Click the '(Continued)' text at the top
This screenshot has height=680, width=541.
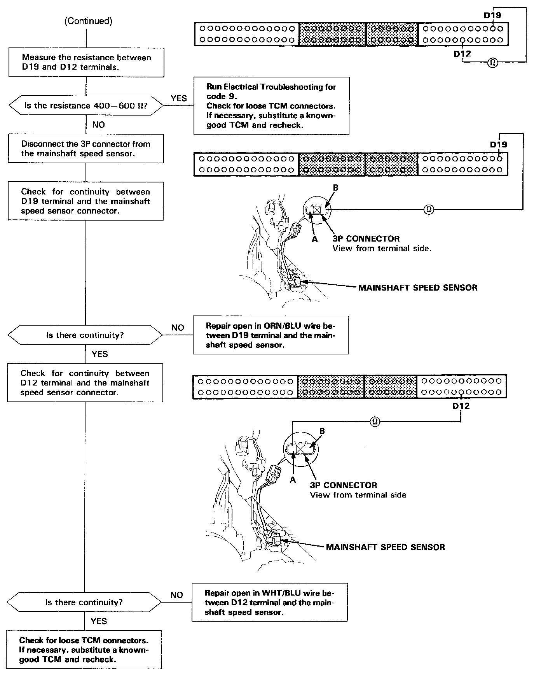click(88, 21)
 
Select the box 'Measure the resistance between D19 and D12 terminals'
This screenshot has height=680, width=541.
click(86, 62)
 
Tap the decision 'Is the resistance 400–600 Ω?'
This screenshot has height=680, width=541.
click(86, 106)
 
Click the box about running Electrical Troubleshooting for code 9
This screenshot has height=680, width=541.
click(271, 106)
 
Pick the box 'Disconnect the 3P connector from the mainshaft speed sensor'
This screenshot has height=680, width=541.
click(86, 149)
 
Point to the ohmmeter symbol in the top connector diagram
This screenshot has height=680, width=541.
click(492, 62)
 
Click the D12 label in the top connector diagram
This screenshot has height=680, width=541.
click(462, 54)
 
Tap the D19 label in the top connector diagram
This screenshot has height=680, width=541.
click(492, 16)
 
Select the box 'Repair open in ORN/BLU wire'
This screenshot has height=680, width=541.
click(270, 335)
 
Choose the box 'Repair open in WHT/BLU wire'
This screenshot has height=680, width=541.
click(269, 602)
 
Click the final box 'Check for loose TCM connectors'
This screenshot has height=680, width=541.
click(84, 650)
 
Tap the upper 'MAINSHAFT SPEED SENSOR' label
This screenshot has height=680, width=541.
click(418, 287)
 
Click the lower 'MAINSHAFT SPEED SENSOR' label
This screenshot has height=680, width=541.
click(385, 547)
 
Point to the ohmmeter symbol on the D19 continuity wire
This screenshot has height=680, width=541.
click(429, 209)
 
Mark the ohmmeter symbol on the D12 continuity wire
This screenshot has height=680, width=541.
click(375, 421)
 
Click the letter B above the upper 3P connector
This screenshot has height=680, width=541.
click(336, 188)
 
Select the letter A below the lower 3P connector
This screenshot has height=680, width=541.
click(293, 480)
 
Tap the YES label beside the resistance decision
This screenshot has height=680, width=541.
click(179, 98)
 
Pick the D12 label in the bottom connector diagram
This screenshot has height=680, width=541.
click(461, 406)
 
